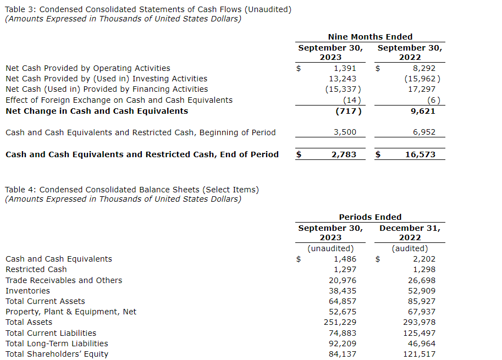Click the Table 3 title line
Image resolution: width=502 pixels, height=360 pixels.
[x=148, y=9]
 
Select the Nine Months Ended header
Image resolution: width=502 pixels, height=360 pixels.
[x=370, y=37]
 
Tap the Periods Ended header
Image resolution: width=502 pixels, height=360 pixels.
[x=370, y=217]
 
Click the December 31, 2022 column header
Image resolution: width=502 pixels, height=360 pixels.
[x=410, y=232]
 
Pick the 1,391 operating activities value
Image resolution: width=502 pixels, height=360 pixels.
[x=345, y=68]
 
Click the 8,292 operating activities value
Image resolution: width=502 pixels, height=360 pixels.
[x=424, y=68]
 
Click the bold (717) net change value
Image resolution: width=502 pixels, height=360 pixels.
[x=349, y=111]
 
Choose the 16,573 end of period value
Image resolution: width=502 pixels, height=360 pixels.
[x=420, y=154]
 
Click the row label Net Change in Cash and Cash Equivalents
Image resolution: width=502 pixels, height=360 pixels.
[x=97, y=111]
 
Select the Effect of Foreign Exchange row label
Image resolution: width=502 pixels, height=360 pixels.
[x=119, y=100]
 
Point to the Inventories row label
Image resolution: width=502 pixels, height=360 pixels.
[x=27, y=291]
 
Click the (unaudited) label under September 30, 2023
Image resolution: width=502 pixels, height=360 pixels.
[x=330, y=248]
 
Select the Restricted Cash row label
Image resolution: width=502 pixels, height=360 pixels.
[x=36, y=269]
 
